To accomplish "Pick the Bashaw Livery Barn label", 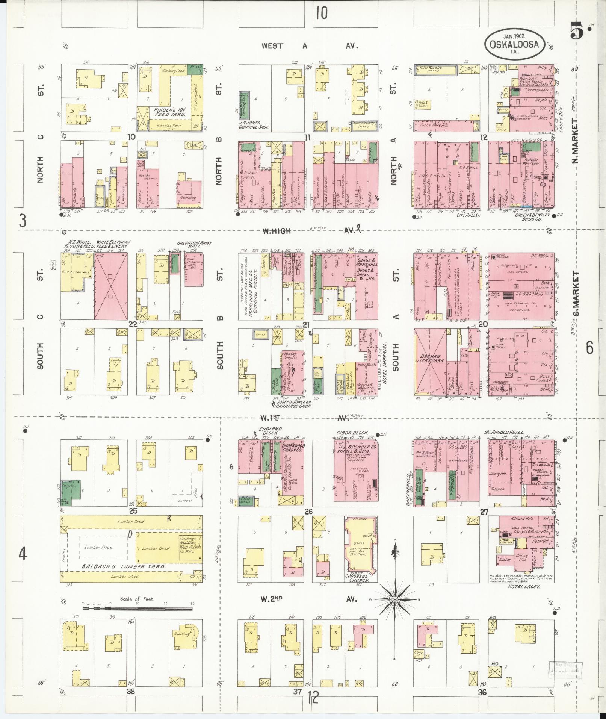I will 430,357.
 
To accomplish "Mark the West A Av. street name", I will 310,46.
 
